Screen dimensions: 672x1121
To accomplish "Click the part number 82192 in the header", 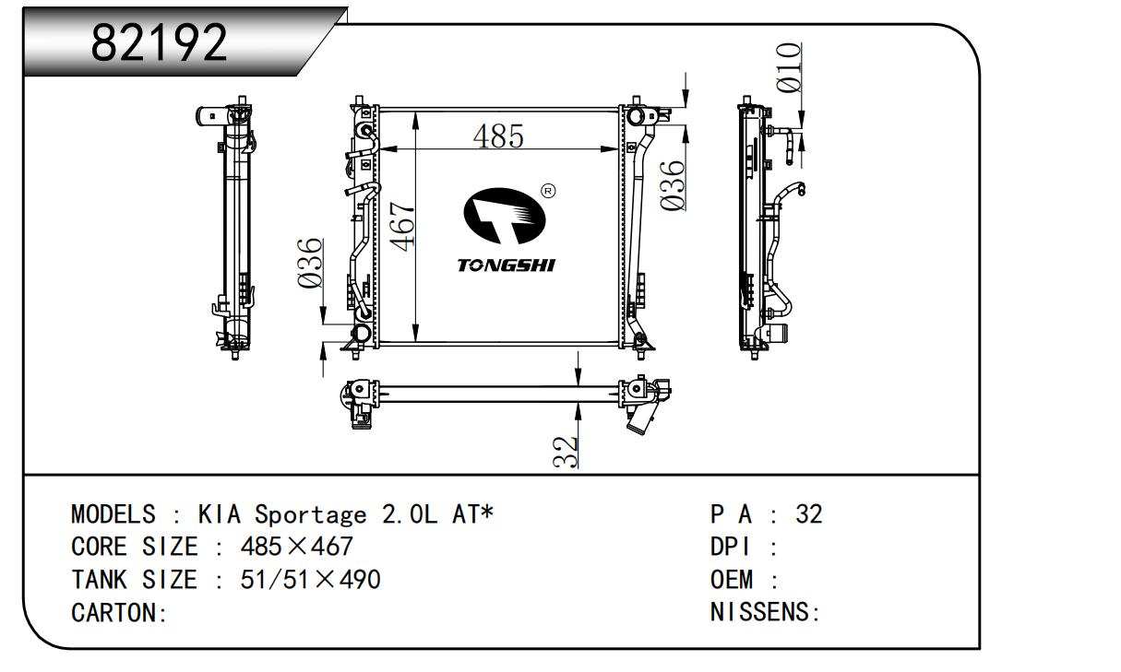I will (160, 42).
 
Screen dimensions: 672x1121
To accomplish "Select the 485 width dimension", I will (498, 136).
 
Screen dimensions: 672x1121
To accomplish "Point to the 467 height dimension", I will (403, 226).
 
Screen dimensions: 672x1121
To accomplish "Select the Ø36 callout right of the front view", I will (674, 184).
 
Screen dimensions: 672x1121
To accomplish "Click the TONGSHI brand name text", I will (507, 265).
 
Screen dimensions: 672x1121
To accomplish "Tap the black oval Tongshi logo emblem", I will (504, 218).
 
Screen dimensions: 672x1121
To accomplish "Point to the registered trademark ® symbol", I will (548, 191).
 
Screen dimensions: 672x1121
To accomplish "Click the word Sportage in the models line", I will (309, 514).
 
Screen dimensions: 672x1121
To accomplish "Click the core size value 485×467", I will (296, 547).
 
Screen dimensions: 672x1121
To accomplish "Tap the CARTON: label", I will (119, 613).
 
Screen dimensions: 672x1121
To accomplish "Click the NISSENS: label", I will (766, 612).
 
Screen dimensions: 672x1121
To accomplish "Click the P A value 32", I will (808, 513).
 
